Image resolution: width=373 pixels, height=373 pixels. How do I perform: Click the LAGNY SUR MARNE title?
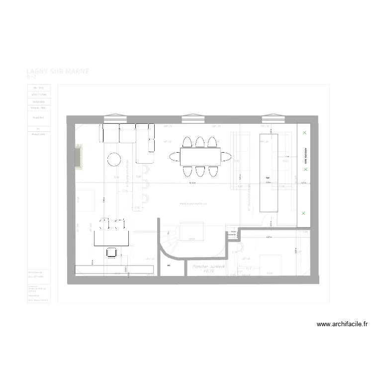(x=58, y=71)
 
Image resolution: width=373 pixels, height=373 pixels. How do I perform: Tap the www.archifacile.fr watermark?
(x=342, y=324)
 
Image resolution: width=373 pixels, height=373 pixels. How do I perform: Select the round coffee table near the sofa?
(x=114, y=159)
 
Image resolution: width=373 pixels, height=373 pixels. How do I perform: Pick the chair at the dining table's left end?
(x=175, y=157)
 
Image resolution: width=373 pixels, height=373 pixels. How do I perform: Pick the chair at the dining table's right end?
(x=226, y=157)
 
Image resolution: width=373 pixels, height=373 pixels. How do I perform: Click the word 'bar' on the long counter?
(x=268, y=178)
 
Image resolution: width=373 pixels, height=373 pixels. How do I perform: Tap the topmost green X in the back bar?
(x=304, y=133)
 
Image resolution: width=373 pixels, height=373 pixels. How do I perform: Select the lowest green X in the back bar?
(x=304, y=213)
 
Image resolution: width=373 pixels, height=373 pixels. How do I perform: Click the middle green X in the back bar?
(x=305, y=169)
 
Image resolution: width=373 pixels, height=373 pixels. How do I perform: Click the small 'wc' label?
(x=169, y=266)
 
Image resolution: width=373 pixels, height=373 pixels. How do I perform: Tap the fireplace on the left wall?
(x=78, y=157)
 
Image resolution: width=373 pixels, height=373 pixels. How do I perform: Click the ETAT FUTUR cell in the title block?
(x=39, y=94)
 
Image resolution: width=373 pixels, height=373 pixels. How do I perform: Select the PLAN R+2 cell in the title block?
(x=39, y=117)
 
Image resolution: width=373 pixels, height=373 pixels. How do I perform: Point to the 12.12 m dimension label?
(x=192, y=183)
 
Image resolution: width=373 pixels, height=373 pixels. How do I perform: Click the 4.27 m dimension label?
(x=269, y=237)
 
